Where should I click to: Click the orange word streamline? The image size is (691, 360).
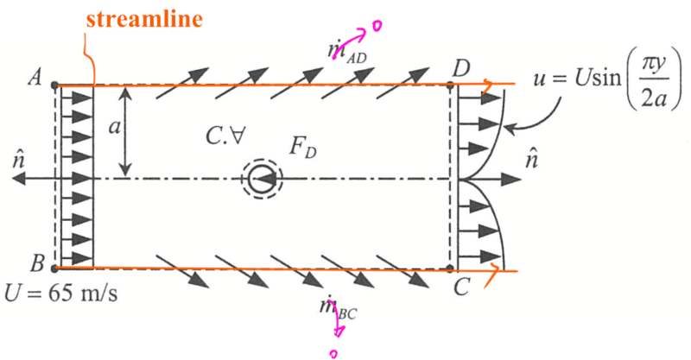[144, 19]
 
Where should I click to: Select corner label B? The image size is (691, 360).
[37, 263]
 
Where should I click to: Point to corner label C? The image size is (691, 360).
[461, 287]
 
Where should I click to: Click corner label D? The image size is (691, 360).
[461, 69]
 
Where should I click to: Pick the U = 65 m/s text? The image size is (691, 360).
[60, 293]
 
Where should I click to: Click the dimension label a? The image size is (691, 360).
[114, 127]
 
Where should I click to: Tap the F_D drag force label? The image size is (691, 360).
[303, 147]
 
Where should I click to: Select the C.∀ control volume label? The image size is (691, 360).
[225, 136]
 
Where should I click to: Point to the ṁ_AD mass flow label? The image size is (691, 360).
[347, 52]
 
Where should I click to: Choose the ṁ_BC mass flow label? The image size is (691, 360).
[339, 307]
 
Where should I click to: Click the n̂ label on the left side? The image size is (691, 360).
[18, 161]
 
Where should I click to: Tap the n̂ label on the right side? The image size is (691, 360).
[531, 160]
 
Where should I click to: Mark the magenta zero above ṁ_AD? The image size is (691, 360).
[377, 26]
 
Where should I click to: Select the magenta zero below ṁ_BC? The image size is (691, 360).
[333, 353]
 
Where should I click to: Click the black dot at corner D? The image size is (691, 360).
[450, 85]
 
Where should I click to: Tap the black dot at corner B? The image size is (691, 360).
[54, 268]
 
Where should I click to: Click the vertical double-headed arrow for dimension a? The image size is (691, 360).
[125, 131]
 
